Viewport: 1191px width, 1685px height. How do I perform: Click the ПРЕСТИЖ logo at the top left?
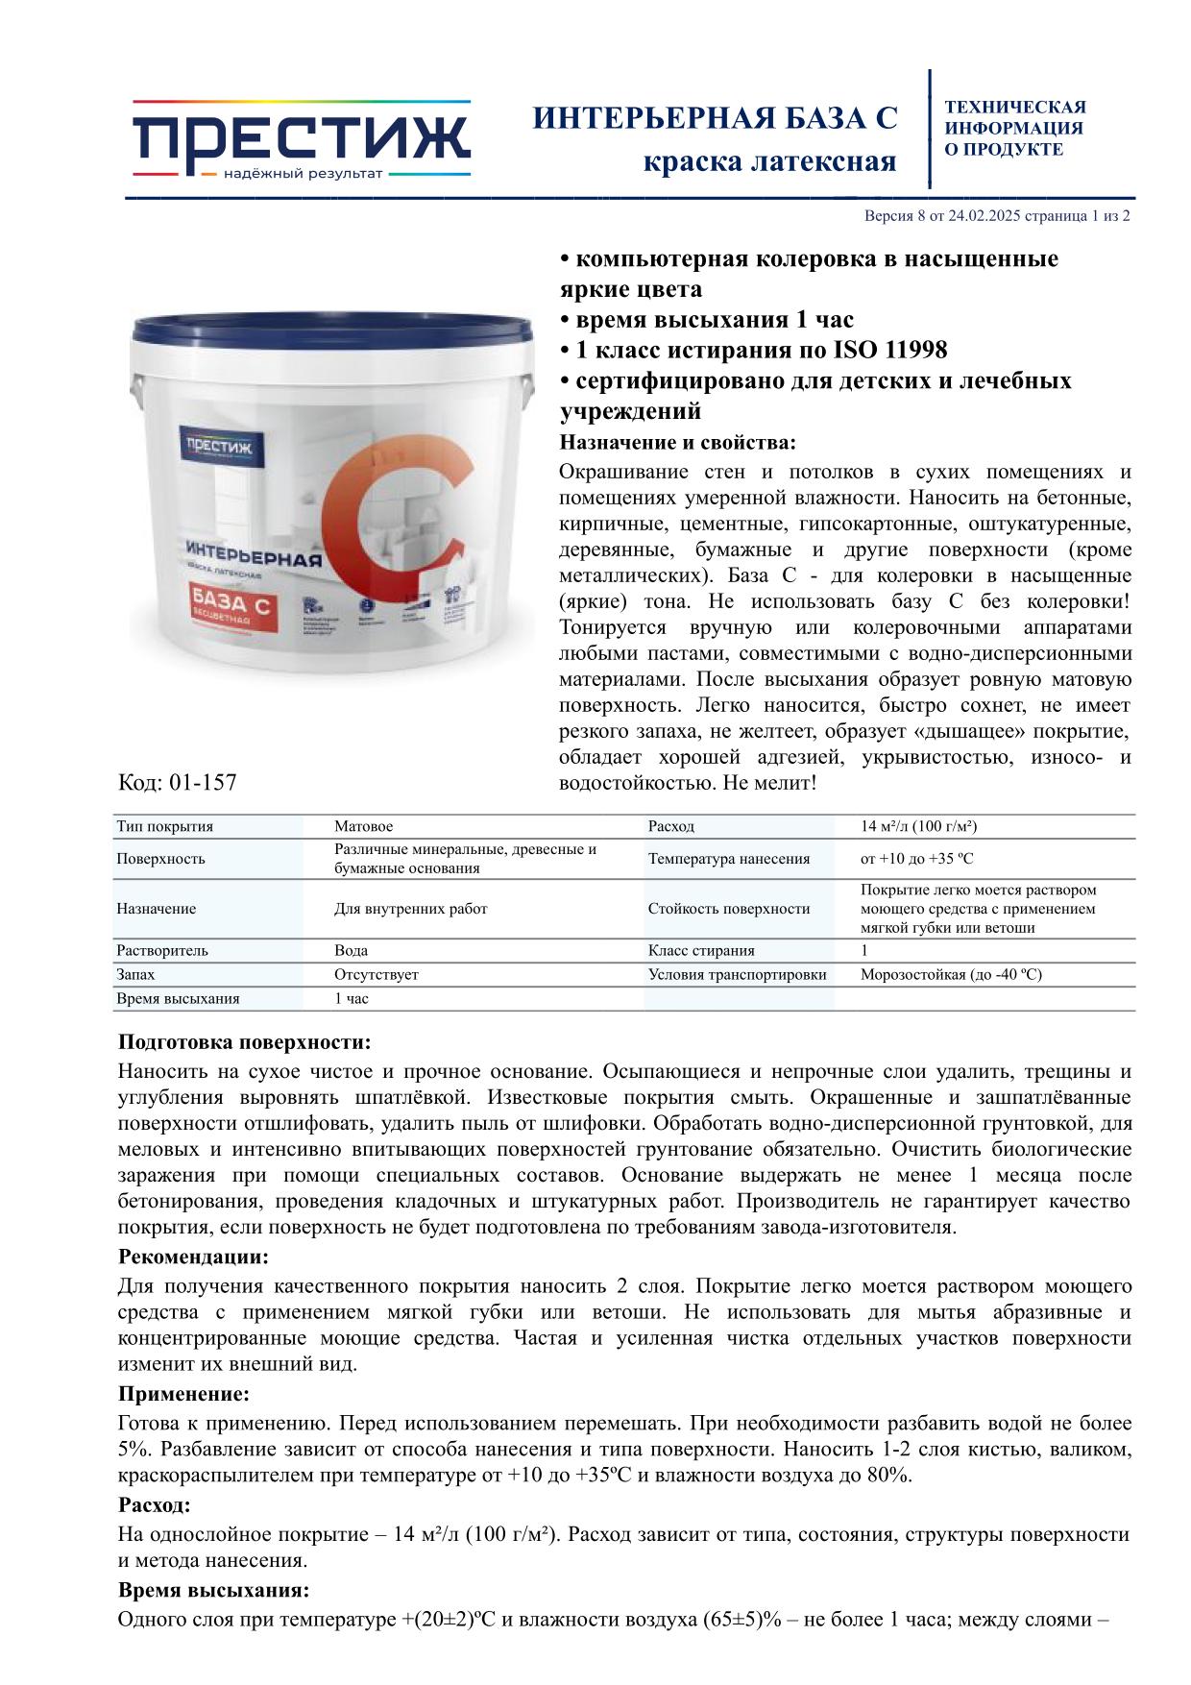(301, 138)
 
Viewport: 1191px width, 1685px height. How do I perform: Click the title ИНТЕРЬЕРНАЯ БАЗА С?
(715, 118)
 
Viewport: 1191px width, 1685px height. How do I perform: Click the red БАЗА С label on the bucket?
(231, 607)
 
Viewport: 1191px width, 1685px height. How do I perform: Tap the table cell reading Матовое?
(364, 826)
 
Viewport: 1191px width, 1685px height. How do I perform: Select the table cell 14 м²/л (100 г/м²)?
(918, 826)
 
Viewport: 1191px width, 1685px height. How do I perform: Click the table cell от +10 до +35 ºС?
(917, 859)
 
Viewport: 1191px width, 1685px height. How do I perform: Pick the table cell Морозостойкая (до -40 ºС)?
(951, 974)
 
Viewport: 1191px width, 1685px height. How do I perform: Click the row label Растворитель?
(162, 950)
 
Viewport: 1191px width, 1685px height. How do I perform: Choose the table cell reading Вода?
(351, 950)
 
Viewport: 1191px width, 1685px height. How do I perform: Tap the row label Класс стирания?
(701, 950)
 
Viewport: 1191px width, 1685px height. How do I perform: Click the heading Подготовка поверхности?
(244, 1042)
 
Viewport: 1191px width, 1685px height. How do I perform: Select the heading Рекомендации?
(193, 1257)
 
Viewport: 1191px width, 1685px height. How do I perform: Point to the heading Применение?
(183, 1394)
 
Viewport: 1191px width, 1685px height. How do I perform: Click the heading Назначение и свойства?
(677, 443)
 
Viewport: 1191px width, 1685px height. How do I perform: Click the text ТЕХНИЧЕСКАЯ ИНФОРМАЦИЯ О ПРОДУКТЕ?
(1015, 128)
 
